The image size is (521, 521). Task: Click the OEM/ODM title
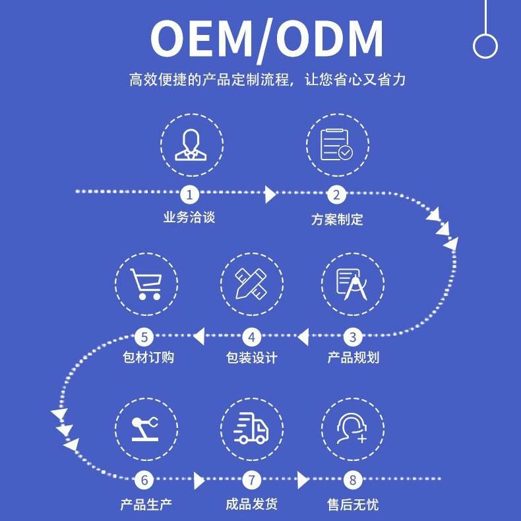pos(267,39)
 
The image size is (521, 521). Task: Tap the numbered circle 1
pos(190,195)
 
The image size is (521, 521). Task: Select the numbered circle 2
pos(336,195)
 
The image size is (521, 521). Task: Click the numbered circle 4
pos(251,338)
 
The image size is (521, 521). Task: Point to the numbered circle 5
pos(145,338)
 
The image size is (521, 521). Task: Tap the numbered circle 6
pos(145,480)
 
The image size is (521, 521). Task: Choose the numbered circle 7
pos(251,480)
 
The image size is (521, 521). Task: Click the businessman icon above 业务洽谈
pos(191,145)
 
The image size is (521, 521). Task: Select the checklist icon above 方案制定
pos(336,145)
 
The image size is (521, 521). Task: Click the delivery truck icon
pos(251,427)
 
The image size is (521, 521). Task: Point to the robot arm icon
pos(146,427)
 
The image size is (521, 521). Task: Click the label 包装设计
pos(251,358)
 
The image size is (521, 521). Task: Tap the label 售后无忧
pos(353,505)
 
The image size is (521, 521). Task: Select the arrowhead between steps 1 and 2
pos(270,195)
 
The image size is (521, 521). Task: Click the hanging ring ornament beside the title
pos(485,45)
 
